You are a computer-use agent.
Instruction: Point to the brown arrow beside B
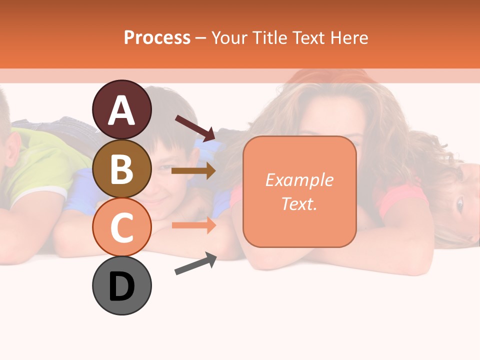point(193,170)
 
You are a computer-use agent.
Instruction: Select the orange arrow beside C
point(193,225)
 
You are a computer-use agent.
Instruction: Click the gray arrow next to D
point(195,263)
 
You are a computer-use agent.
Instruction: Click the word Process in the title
point(157,37)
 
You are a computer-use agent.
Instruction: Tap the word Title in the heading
point(268,37)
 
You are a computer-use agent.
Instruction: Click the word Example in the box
point(299,180)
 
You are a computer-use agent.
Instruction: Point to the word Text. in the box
point(299,203)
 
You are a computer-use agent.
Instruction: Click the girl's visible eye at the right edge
point(459,204)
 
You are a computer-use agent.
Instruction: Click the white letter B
point(121,170)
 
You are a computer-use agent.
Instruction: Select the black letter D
point(121,286)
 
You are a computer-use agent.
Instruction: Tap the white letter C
point(121,228)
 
